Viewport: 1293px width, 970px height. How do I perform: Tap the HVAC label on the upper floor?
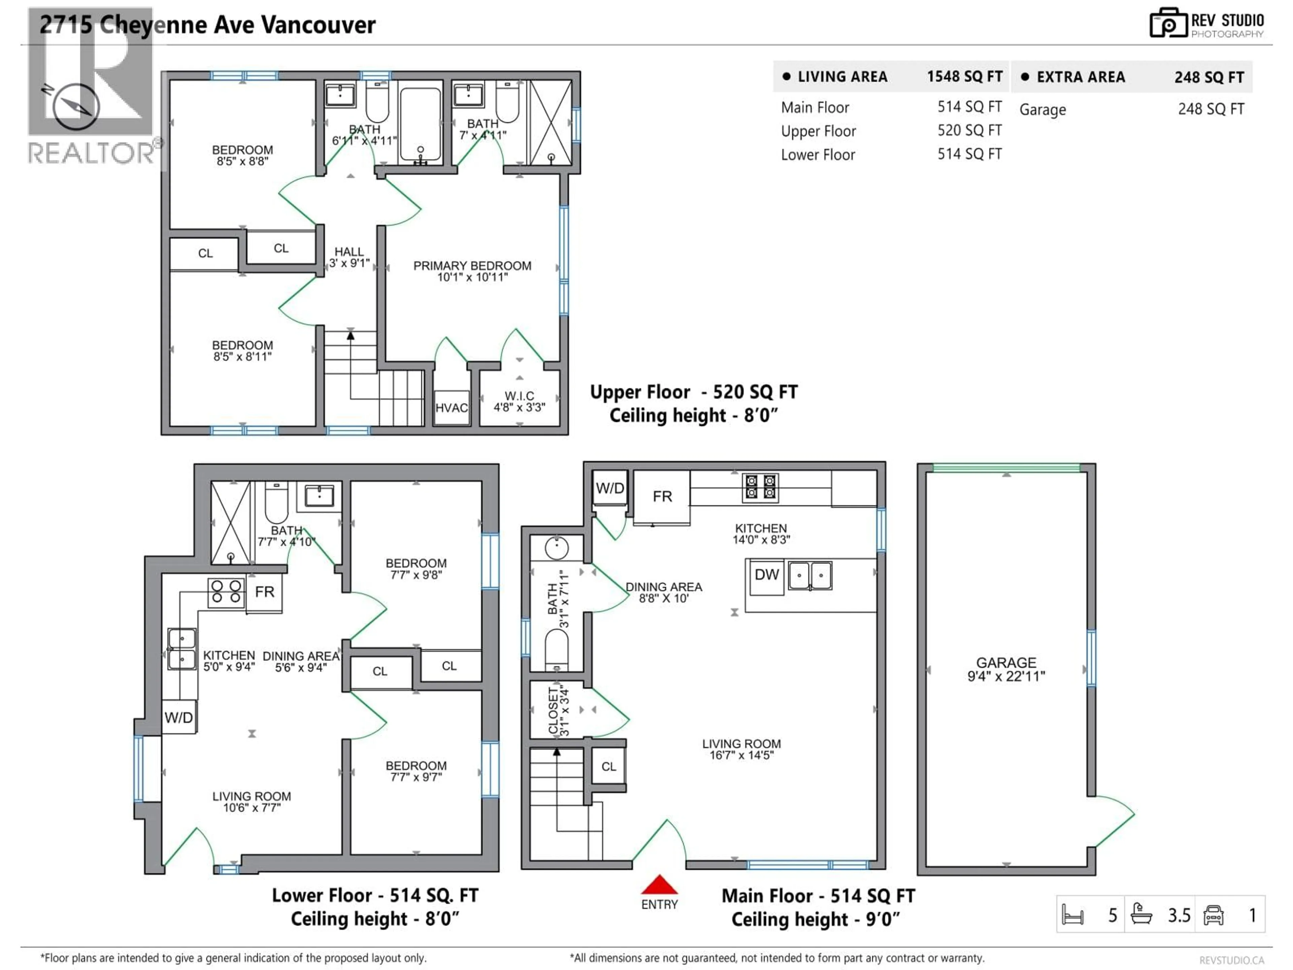click(x=451, y=408)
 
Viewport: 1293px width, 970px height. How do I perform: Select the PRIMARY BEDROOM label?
click(x=472, y=271)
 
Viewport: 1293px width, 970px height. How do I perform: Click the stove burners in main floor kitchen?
click(x=760, y=487)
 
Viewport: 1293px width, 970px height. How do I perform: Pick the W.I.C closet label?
click(x=519, y=401)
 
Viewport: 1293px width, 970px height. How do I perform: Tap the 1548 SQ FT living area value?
click(x=964, y=76)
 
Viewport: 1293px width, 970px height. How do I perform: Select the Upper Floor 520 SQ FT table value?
click(x=969, y=130)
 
